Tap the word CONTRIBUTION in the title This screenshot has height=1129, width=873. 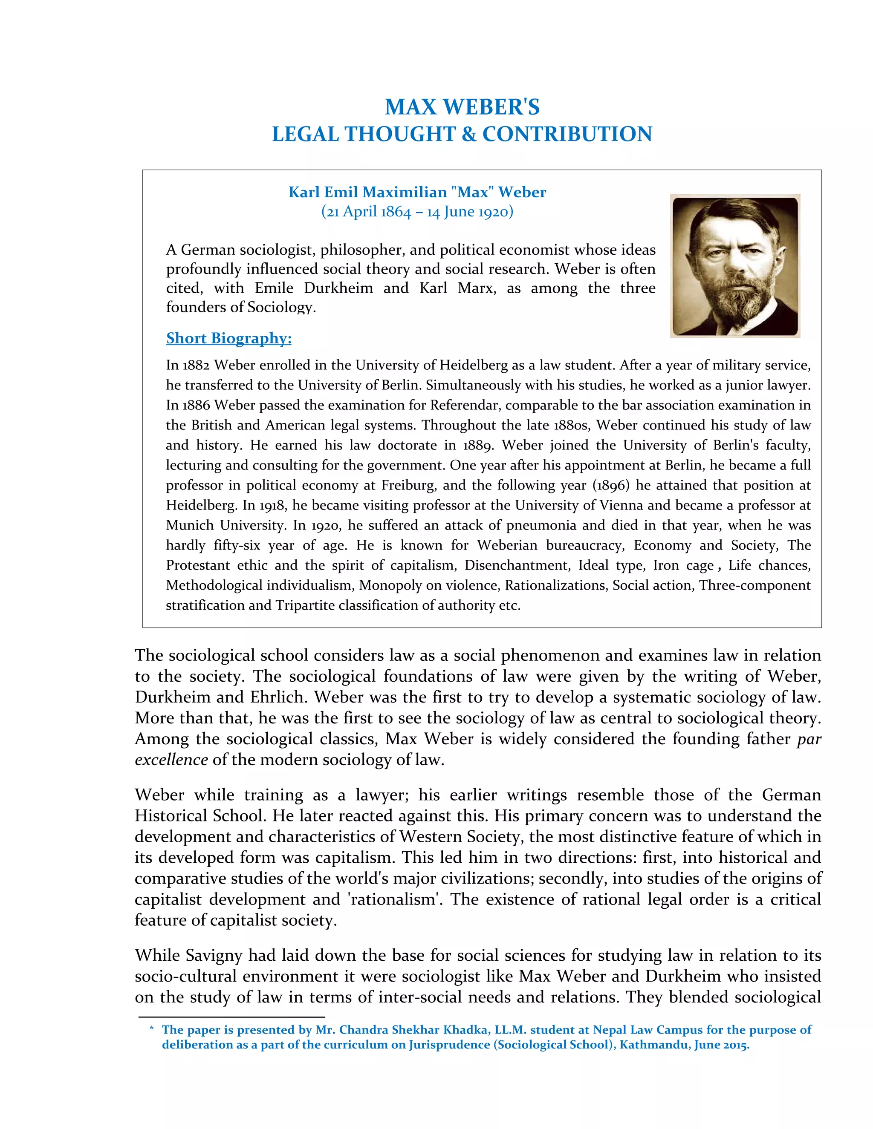567,134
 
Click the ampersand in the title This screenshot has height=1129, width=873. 468,134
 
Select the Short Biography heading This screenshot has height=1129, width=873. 228,338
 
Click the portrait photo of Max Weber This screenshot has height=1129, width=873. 735,266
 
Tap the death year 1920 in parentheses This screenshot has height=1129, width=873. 494,212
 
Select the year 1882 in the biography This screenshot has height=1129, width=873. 196,365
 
